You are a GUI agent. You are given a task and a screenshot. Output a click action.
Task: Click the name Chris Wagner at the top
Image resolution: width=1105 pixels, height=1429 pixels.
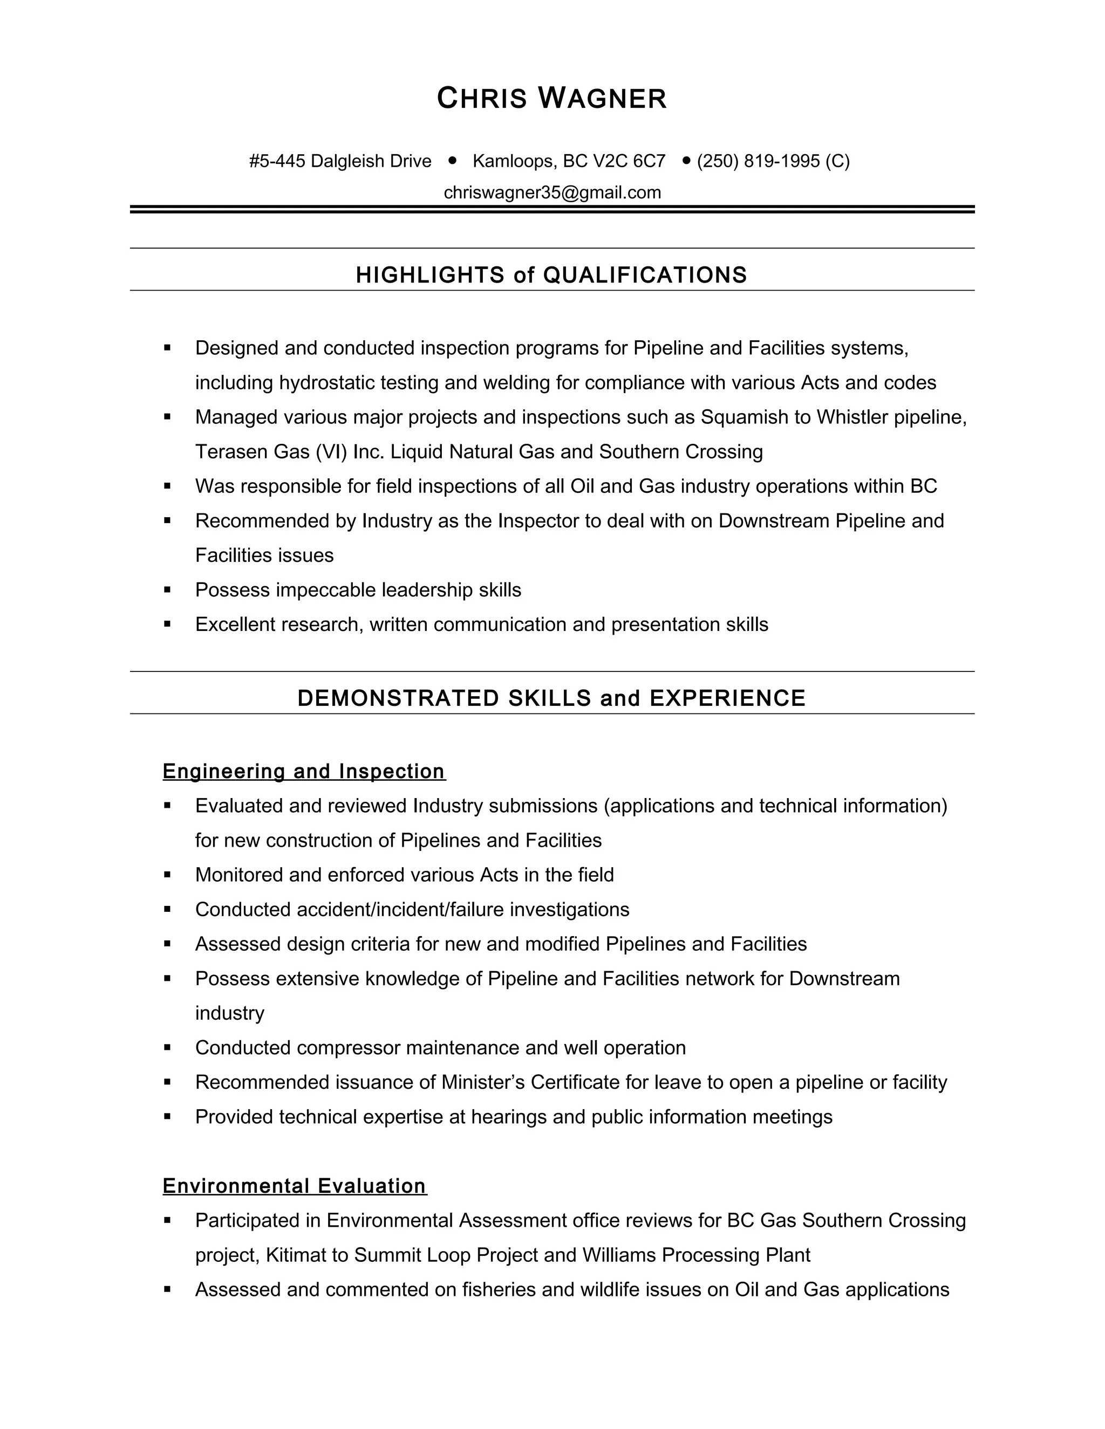point(552,99)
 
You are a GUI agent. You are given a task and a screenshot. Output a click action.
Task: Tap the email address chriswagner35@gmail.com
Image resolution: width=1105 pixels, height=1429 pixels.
point(552,193)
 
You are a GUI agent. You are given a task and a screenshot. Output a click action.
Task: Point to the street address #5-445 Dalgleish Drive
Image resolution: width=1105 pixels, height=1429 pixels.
point(340,161)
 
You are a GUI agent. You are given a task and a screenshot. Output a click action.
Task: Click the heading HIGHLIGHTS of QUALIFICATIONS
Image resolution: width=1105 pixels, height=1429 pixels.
point(551,275)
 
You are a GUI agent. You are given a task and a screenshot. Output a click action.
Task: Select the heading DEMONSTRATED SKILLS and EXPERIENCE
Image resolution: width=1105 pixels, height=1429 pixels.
point(551,698)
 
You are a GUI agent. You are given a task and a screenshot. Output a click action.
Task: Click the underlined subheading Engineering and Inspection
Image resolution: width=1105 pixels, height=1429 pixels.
point(304,772)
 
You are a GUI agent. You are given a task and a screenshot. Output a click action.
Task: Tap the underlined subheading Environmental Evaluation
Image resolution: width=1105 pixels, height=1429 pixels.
point(295,1186)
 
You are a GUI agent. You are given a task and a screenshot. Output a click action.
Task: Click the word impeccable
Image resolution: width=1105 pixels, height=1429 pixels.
point(326,590)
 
